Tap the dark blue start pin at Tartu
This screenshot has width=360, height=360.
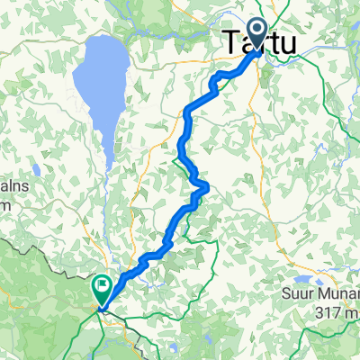(258, 35)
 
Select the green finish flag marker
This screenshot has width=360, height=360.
(102, 291)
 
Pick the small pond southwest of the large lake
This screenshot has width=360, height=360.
(35, 169)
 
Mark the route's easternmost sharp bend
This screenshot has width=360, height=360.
(208, 186)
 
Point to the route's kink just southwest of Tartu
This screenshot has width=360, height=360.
(215, 82)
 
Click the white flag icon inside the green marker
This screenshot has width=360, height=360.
(102, 289)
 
